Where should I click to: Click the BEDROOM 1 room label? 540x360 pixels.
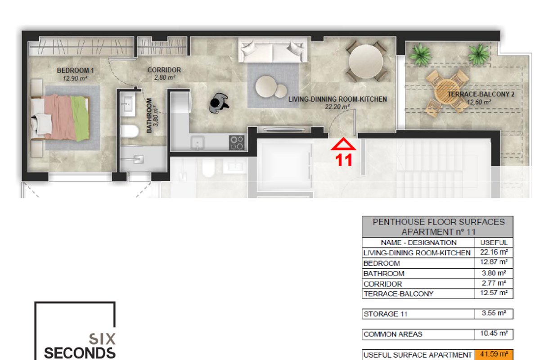coord(75,70)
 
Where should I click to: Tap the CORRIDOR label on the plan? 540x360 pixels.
coord(164,70)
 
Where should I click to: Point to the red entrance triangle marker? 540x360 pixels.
coord(343,144)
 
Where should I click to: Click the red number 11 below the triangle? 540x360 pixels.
coord(344,160)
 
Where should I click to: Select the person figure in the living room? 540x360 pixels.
coord(218,103)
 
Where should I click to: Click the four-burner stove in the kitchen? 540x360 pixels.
coord(237,143)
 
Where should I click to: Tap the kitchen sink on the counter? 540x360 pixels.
coord(198,143)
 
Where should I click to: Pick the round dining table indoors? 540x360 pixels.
coord(366,61)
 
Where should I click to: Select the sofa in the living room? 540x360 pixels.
coord(273,50)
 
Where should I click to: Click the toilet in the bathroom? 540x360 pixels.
coord(130,131)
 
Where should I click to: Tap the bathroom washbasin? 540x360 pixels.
coord(127,104)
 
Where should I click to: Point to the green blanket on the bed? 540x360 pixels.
coord(80,118)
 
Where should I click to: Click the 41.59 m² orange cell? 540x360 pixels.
coord(494,355)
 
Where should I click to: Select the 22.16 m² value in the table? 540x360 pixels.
coord(494,252)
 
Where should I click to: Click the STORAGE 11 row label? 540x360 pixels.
coord(386,314)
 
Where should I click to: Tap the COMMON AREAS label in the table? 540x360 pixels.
coord(393,334)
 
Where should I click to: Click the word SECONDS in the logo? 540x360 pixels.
coord(80,353)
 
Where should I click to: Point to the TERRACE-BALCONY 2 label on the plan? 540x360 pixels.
coord(481,94)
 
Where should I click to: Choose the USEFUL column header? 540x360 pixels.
coord(494,243)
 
